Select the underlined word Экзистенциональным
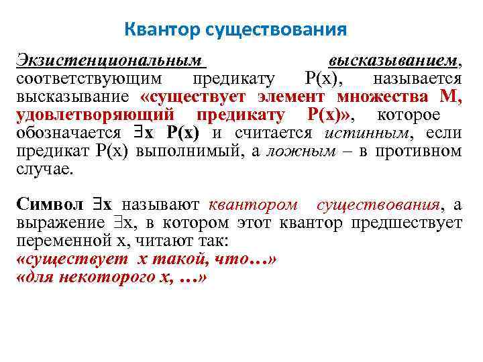click(109, 61)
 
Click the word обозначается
click(69, 132)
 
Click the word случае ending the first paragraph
click(44, 168)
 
